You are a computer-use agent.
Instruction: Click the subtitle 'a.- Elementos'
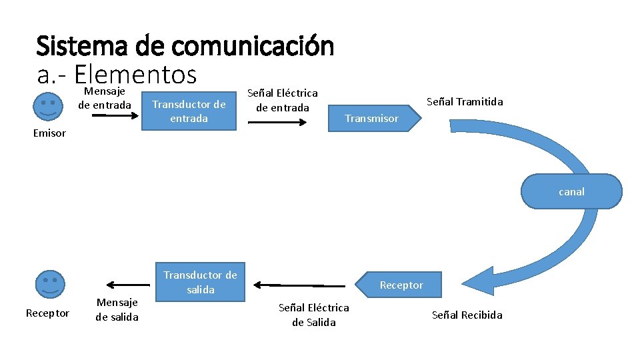117,74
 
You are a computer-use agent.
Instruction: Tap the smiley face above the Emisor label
48,106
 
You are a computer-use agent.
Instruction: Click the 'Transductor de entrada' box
189,111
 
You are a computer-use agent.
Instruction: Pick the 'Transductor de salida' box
201,282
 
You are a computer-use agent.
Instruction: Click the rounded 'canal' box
571,191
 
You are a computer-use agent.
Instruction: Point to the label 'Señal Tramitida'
465,101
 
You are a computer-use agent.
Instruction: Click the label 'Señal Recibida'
467,315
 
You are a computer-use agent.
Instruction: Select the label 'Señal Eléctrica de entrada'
283,100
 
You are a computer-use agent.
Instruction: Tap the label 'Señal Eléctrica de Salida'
313,315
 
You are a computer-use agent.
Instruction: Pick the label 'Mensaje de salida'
117,309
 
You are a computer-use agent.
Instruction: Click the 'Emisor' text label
49,133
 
